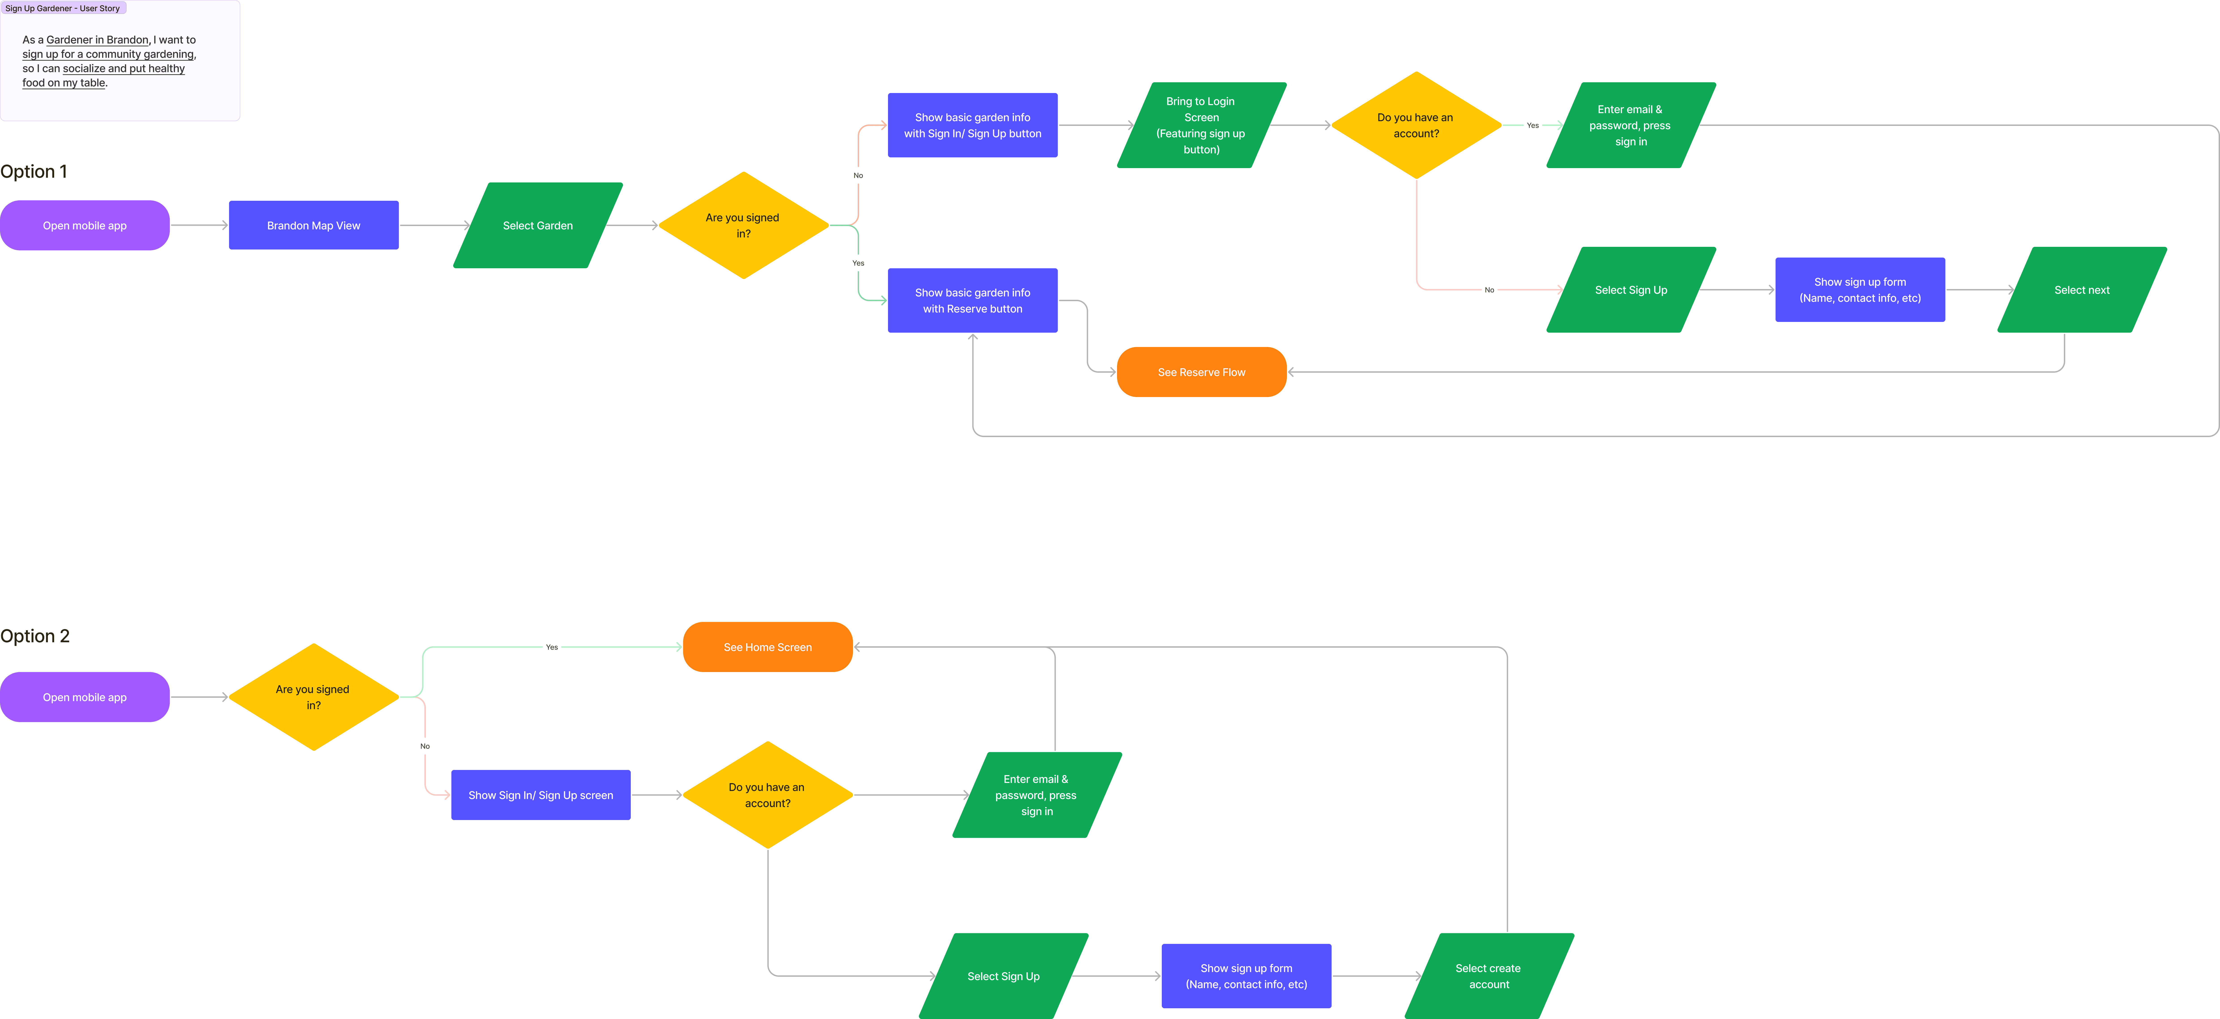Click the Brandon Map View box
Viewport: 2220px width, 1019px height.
[314, 226]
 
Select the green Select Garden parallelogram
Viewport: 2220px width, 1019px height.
[538, 226]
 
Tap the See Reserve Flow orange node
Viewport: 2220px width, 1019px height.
[1201, 372]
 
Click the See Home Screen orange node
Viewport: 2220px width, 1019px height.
[767, 647]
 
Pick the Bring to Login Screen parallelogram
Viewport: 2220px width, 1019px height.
[1201, 125]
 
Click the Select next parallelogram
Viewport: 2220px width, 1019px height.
[2081, 290]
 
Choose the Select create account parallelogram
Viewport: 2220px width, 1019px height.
[1488, 976]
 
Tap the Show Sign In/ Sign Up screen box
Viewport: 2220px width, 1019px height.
[540, 795]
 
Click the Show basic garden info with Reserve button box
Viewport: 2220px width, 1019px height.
[972, 301]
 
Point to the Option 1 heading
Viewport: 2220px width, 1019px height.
[34, 171]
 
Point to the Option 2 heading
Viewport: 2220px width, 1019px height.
[34, 636]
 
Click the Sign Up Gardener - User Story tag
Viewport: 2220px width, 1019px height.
[63, 9]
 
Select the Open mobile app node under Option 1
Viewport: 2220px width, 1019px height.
[85, 226]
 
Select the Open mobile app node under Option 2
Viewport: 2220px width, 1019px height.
[85, 697]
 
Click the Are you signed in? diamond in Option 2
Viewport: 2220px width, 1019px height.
[314, 697]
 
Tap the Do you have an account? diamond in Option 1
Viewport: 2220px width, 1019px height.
[1416, 125]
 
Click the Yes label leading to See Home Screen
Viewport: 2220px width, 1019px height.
[552, 647]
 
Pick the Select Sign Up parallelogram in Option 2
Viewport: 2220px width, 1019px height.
[1003, 976]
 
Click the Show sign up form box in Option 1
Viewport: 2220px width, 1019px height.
[1860, 290]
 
